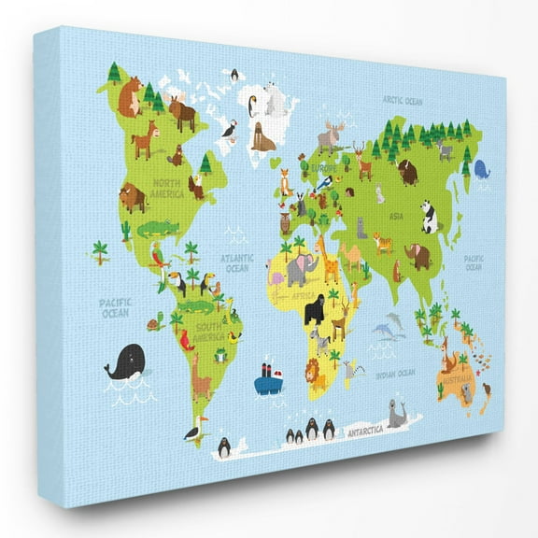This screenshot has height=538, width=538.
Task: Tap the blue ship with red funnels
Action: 269,378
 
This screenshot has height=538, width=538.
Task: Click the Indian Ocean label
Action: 394,373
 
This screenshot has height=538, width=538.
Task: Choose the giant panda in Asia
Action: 429,218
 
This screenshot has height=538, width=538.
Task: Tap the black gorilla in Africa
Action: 315,310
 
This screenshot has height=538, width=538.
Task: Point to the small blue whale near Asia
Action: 481,169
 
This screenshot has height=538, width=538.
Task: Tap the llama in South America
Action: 201,380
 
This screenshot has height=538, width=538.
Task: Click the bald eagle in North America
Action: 196,187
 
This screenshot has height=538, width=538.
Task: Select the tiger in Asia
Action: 383,243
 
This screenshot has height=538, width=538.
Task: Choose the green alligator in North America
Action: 156,228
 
